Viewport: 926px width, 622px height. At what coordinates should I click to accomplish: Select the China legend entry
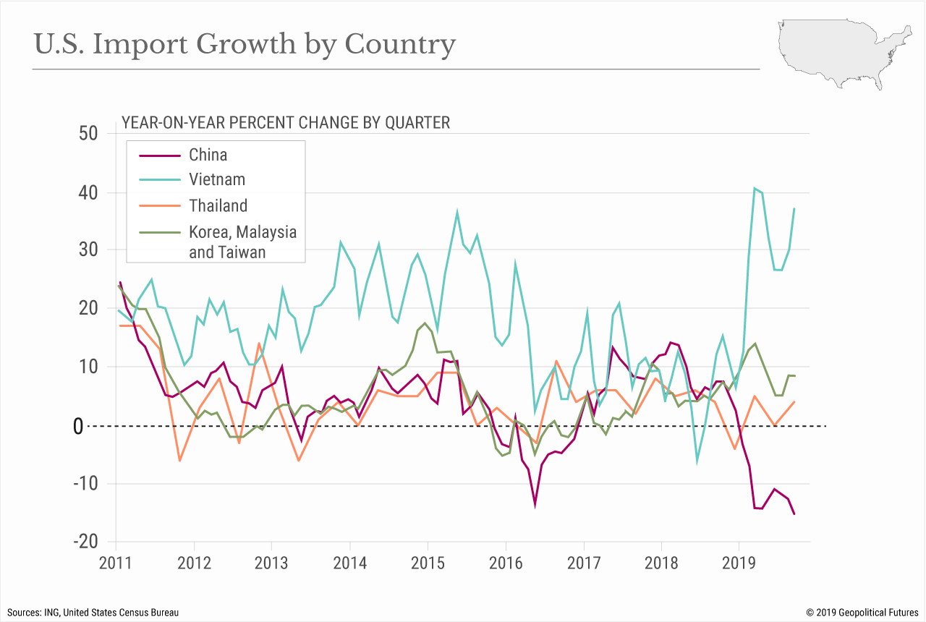(208, 155)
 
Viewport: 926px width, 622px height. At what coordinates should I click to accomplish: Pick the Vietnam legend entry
(217, 180)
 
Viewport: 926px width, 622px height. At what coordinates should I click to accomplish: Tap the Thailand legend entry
(218, 206)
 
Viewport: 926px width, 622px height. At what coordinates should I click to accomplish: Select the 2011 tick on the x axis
(116, 562)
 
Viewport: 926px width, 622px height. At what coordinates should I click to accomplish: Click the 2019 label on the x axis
(738, 562)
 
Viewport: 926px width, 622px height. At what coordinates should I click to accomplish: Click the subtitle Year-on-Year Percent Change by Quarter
(286, 123)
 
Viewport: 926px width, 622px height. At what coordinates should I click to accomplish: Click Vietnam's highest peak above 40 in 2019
(755, 189)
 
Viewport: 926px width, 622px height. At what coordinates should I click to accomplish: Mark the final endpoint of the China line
(794, 514)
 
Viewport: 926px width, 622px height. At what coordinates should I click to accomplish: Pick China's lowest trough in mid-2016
(535, 504)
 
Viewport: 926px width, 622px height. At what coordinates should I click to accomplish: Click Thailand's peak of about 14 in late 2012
(258, 344)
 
